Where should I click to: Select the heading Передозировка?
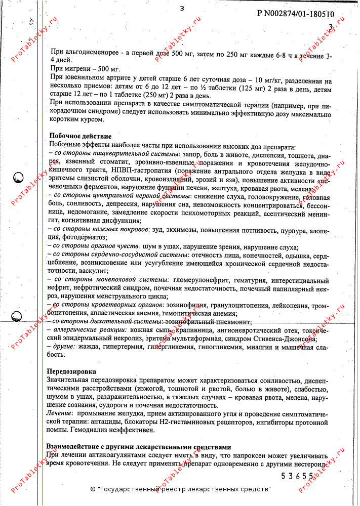point(71,372)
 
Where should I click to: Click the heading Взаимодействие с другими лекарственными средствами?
point(139,447)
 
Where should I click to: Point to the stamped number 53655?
point(298,476)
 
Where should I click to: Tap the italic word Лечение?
point(59,413)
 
